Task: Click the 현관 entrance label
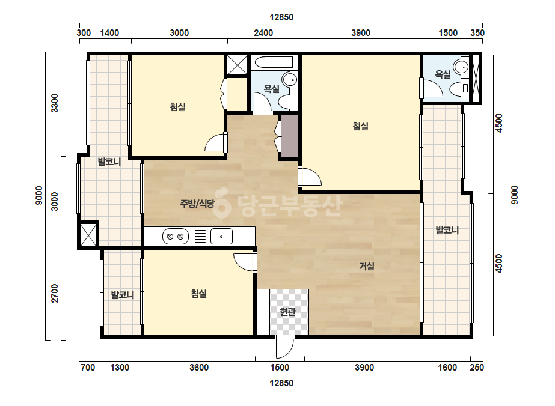click(x=287, y=312)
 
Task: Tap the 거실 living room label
click(x=367, y=266)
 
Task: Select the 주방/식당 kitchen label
click(x=197, y=204)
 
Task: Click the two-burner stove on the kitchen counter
click(x=175, y=237)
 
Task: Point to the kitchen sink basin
click(x=221, y=237)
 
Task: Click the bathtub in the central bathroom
click(x=274, y=62)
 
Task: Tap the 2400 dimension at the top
click(x=263, y=33)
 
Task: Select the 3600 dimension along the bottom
click(x=199, y=368)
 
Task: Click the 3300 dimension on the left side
click(x=55, y=103)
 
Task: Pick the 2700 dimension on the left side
click(x=55, y=293)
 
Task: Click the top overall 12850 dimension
click(x=281, y=17)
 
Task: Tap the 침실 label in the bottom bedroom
click(x=199, y=294)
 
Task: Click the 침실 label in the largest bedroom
click(x=361, y=126)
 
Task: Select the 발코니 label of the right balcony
click(x=447, y=230)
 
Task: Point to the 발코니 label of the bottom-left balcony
click(x=123, y=295)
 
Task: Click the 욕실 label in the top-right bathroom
click(x=443, y=74)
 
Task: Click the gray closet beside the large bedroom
click(x=290, y=136)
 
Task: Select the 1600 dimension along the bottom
click(x=447, y=368)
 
